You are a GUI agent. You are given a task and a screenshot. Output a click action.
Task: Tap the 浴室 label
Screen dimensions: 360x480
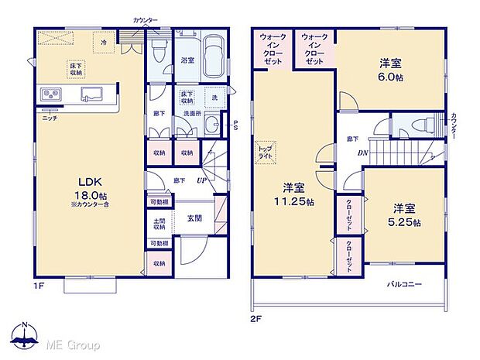point(187,59)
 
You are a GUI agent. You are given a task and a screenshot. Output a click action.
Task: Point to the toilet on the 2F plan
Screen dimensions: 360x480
point(419,125)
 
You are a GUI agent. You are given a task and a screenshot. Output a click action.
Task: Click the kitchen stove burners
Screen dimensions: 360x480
point(52,95)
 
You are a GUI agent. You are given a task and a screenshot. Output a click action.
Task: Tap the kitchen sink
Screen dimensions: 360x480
point(91,95)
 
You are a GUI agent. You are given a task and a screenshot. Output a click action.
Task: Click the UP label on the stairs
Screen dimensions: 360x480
point(201,180)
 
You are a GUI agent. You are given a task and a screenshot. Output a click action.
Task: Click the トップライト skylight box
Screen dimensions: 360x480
point(265,152)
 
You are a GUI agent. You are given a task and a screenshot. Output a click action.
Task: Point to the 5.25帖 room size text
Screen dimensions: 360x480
point(405,223)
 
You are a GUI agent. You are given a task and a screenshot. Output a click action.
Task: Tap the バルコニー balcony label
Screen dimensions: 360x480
point(404,285)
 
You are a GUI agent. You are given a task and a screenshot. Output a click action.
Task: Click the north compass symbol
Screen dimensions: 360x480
point(24,338)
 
